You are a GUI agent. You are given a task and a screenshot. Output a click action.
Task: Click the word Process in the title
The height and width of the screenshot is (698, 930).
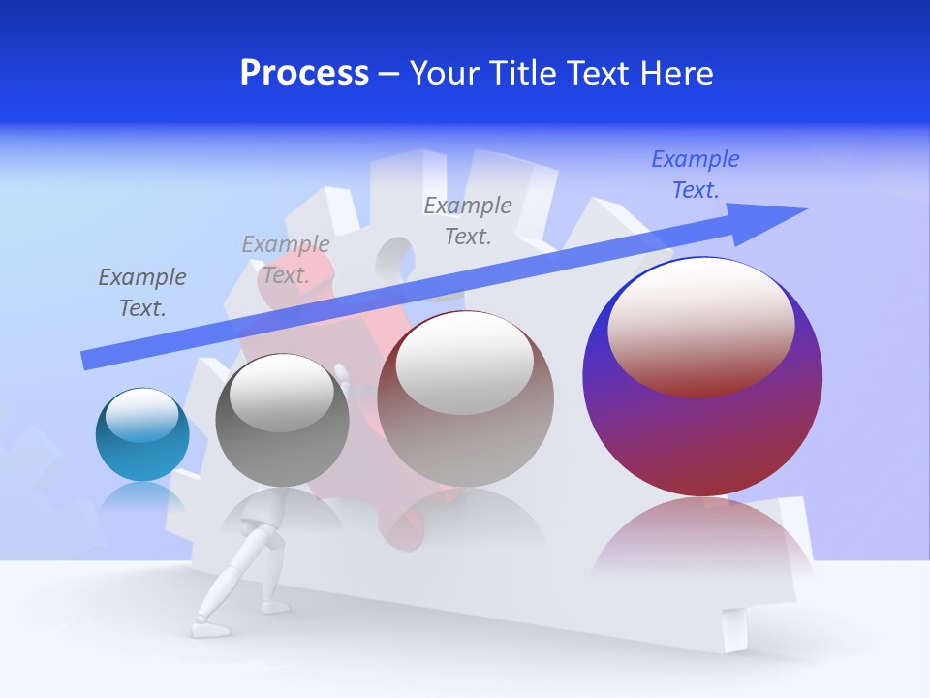304,74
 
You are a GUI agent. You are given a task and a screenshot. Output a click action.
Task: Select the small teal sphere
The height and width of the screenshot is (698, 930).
142,435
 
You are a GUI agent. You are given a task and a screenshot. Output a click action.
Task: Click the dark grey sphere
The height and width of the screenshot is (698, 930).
282,427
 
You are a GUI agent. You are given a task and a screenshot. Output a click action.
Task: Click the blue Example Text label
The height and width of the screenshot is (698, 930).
695,174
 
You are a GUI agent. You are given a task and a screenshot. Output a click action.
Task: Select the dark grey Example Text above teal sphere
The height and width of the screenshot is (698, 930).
141,293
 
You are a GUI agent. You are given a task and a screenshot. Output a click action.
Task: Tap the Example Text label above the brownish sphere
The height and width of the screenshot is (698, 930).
467,221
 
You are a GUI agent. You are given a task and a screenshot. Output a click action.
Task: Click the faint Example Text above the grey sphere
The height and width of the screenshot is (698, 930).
285,260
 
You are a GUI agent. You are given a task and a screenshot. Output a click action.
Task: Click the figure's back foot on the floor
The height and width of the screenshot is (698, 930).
207,629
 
